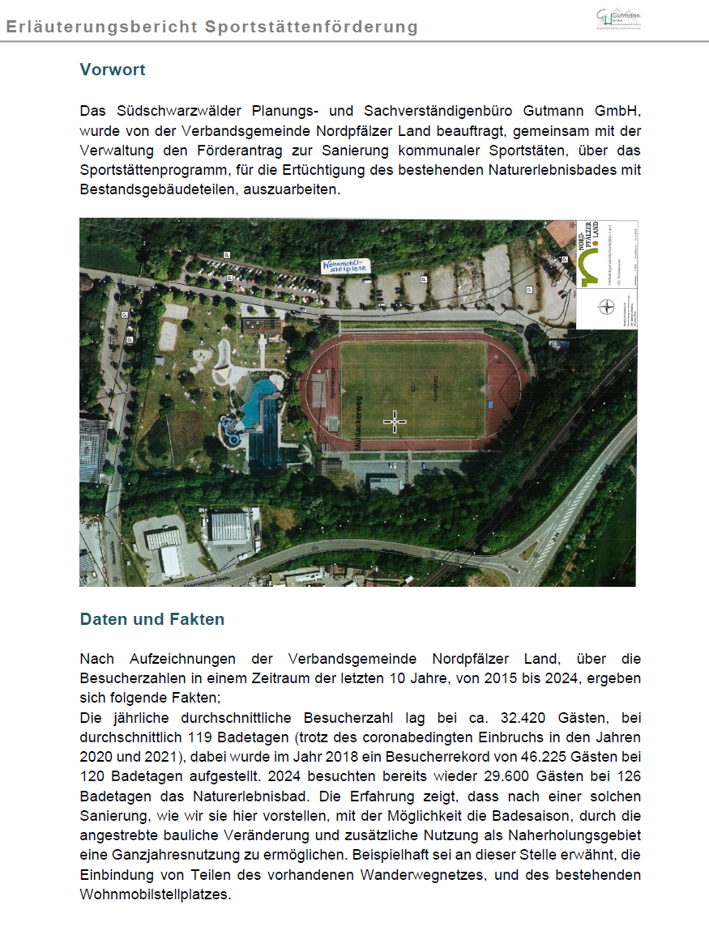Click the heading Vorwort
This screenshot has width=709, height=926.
click(x=113, y=70)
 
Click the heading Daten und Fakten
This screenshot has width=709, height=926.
click(x=152, y=619)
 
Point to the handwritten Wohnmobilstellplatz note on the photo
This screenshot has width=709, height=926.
click(x=345, y=265)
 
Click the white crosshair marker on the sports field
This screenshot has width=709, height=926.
click(x=395, y=421)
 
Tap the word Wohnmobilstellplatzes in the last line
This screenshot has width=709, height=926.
click(x=155, y=895)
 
